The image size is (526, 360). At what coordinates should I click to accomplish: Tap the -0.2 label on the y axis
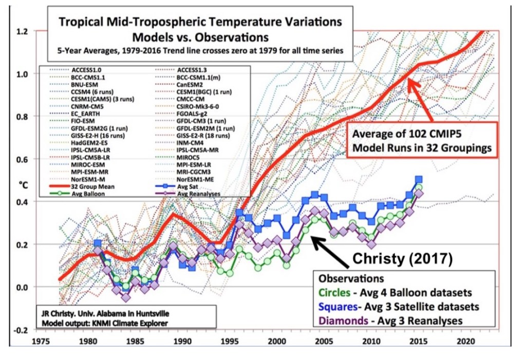pos(21,330)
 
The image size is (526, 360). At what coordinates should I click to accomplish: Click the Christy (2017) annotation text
pos(402,258)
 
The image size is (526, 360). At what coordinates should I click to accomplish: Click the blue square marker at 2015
pos(419,180)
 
